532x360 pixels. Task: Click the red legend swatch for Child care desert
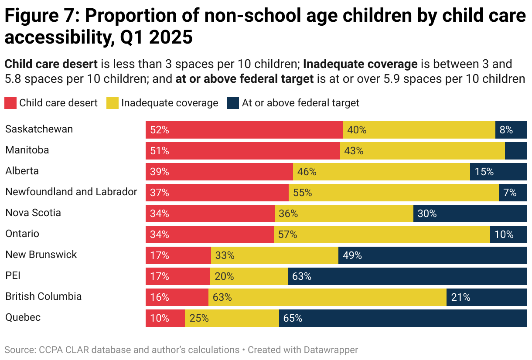coord(11,103)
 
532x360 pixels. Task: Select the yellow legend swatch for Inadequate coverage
coord(113,103)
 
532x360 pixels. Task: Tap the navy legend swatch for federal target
coord(233,103)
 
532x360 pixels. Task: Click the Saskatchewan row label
coord(39,129)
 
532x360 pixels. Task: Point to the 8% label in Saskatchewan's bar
coord(506,130)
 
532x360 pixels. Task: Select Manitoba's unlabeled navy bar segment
coord(516,151)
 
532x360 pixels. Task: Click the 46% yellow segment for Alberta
coord(382,172)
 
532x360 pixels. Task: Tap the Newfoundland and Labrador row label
coord(71,192)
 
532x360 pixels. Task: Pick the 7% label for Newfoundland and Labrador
coord(510,193)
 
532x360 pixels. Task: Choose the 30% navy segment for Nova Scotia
coord(470,214)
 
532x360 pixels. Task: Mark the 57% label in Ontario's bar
coord(288,234)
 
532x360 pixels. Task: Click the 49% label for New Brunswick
coord(352,255)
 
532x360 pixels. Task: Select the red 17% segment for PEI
coord(178,276)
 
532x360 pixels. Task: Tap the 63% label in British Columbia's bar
coord(222,297)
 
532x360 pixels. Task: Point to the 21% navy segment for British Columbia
coord(487,297)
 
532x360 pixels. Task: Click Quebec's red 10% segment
coord(165,318)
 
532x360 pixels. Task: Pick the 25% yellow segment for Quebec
coord(232,318)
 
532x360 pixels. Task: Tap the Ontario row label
coord(22,234)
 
